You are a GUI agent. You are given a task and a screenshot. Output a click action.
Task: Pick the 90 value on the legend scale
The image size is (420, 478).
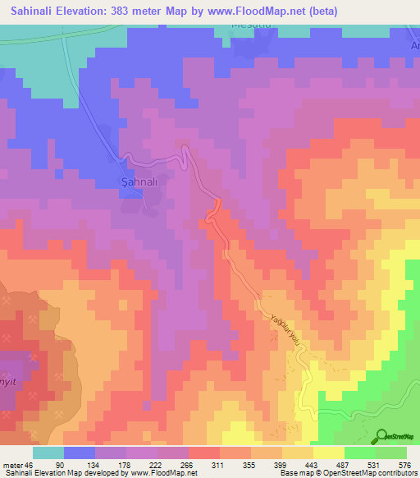click(x=60, y=466)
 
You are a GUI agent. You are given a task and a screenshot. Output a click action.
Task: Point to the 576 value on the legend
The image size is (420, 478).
click(x=404, y=466)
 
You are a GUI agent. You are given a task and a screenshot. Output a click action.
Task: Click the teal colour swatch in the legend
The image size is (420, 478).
click(x=48, y=453)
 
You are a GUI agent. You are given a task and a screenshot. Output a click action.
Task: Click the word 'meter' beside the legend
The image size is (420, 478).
click(x=11, y=466)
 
